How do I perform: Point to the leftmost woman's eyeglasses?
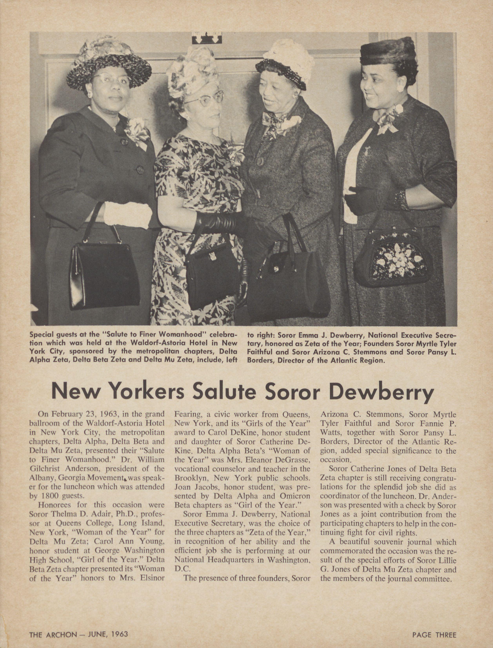[110, 79]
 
